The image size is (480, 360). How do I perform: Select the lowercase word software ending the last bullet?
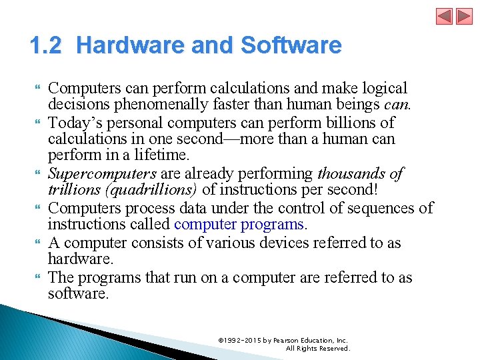77,294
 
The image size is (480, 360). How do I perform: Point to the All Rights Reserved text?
317,348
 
